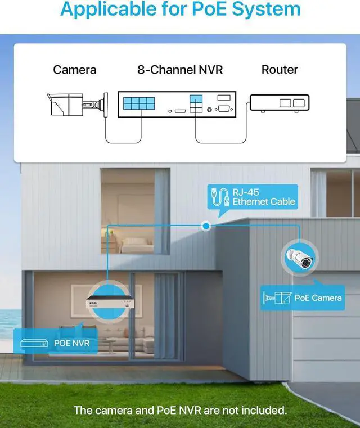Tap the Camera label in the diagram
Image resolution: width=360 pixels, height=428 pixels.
pos(75,70)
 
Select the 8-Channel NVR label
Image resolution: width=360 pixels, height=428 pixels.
pos(180,70)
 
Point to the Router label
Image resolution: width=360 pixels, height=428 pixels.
pos(280,70)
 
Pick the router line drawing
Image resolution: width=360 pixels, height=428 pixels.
pos(279,103)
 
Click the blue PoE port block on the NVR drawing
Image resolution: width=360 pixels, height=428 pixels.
pos(138,103)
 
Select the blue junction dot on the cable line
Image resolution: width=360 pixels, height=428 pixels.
pos(207,226)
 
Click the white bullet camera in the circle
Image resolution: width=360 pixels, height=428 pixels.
pos(299,257)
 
